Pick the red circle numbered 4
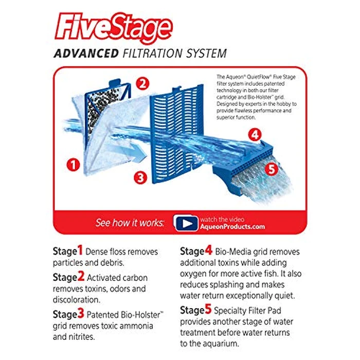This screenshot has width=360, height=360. (x=254, y=135)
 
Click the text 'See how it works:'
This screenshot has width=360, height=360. (x=130, y=223)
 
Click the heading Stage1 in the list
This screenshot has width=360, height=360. (x=67, y=251)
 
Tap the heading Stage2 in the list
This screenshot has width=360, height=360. (x=67, y=277)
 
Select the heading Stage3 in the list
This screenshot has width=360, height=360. (x=67, y=314)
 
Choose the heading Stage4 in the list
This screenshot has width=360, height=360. (x=196, y=251)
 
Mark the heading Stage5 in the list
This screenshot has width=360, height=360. (x=196, y=310)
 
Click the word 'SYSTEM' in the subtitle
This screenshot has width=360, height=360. (x=205, y=53)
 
